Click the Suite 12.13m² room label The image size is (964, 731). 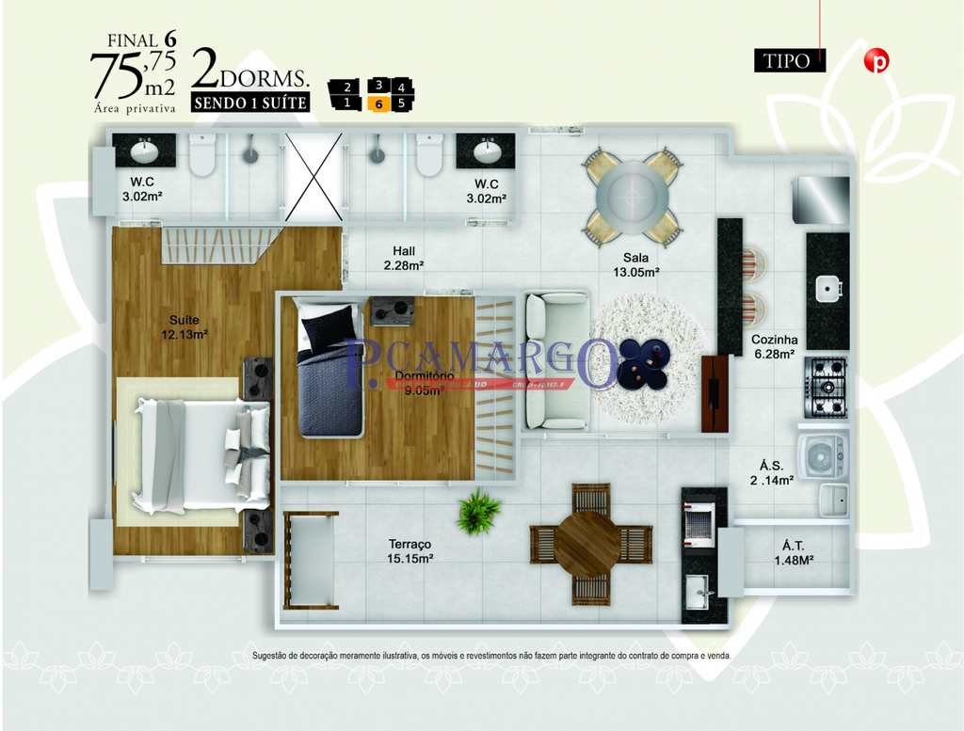184,326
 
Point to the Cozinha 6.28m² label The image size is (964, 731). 774,346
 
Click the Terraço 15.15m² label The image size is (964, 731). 410,551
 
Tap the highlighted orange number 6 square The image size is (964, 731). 378,103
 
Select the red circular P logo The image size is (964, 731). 876,61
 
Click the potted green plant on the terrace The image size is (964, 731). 478,511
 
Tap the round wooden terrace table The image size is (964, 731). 589,544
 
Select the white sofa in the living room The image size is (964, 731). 556,360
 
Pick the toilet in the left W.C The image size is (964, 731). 202,155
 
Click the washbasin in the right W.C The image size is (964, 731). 486,151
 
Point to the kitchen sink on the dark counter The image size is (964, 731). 828,289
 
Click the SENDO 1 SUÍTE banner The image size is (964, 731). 250,103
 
